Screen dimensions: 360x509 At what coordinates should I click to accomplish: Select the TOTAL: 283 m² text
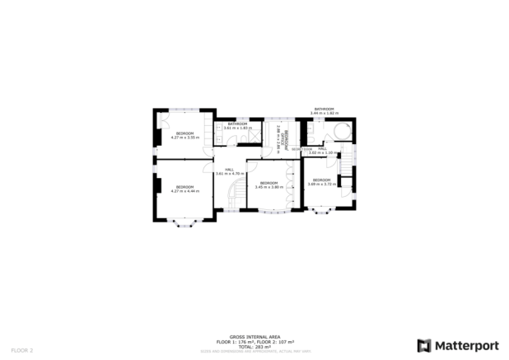pyautogui.click(x=254, y=345)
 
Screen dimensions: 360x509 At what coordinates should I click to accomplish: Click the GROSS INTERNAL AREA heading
pyautogui.click(x=254, y=336)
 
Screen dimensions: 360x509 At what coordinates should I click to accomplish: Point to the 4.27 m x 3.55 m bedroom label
pyautogui.click(x=185, y=135)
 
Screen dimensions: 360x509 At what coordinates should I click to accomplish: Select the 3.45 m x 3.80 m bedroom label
pyautogui.click(x=269, y=185)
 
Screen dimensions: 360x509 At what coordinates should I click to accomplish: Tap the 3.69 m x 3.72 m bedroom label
pyautogui.click(x=321, y=181)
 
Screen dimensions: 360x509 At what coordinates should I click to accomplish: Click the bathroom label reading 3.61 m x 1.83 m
pyautogui.click(x=237, y=126)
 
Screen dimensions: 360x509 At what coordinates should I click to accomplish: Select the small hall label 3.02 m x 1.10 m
pyautogui.click(x=323, y=151)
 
